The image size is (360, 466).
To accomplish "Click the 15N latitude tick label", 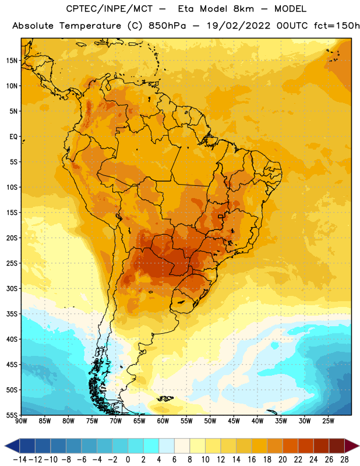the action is pyautogui.click(x=12, y=61).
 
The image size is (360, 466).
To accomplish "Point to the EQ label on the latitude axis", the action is pyautogui.click(x=13, y=137).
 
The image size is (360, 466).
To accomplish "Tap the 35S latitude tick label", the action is pyautogui.click(x=12, y=314).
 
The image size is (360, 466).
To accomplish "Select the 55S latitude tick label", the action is pyautogui.click(x=12, y=415).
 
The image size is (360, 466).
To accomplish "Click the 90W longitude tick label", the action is pyautogui.click(x=22, y=421).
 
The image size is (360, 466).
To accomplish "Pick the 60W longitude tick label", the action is pyautogui.click(x=163, y=421).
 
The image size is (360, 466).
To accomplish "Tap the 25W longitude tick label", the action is pyautogui.click(x=328, y=421).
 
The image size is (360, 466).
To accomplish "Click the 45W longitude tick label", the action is pyautogui.click(x=234, y=421).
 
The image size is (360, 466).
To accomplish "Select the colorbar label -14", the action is pyautogui.click(x=20, y=460).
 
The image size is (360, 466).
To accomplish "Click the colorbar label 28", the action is pyautogui.click(x=344, y=460).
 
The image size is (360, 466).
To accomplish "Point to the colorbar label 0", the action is pyautogui.click(x=128, y=460).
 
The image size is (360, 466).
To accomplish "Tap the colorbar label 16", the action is pyautogui.click(x=252, y=460).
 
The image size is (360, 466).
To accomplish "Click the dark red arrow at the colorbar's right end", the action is pyautogui.click(x=351, y=446).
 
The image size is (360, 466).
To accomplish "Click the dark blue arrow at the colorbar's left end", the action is pyautogui.click(x=12, y=446).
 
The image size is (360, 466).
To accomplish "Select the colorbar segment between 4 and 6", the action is pyautogui.click(x=167, y=446).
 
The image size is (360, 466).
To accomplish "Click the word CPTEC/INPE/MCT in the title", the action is pyautogui.click(x=110, y=9).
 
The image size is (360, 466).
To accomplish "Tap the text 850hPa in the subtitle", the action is pyautogui.click(x=167, y=26).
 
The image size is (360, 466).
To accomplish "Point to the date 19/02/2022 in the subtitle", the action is pyautogui.click(x=238, y=26).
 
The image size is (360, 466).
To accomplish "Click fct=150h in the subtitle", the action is pyautogui.click(x=337, y=26).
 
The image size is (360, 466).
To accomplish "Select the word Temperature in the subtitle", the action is pyautogui.click(x=90, y=26).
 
